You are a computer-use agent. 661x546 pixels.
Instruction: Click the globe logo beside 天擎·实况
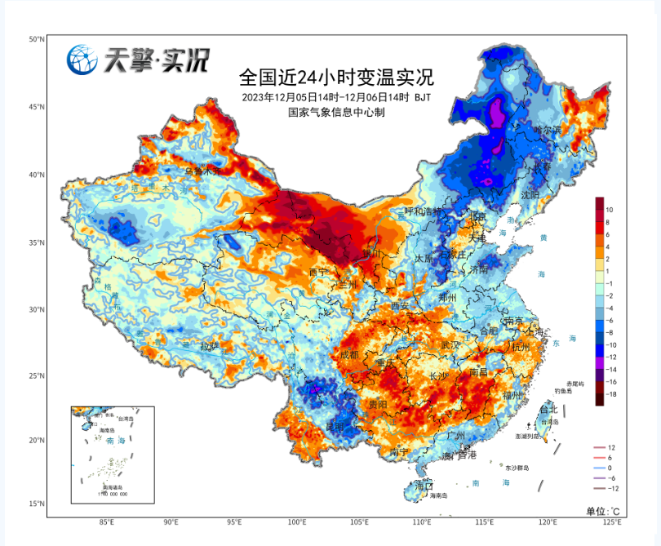tap(82, 60)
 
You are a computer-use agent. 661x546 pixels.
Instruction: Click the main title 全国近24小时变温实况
tap(335, 78)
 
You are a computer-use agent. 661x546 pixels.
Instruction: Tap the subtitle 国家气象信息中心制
tap(335, 112)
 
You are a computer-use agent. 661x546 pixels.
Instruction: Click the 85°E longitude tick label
tap(106, 522)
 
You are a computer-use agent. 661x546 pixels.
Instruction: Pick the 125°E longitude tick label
tap(610, 522)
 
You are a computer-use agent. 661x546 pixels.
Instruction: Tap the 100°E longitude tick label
tap(297, 522)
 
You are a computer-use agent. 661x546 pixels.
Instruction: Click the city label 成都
tap(349, 355)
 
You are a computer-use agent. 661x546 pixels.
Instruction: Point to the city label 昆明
tap(335, 427)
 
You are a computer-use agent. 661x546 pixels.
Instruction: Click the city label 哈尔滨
tap(548, 131)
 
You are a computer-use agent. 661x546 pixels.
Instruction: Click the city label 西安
tap(401, 305)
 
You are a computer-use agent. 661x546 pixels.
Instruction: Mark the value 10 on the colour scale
tap(610, 210)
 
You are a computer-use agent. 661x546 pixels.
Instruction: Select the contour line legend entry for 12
tap(610, 448)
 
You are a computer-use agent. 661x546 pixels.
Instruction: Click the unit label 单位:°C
tap(603, 511)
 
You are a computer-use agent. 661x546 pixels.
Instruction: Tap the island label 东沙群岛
tap(517, 468)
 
